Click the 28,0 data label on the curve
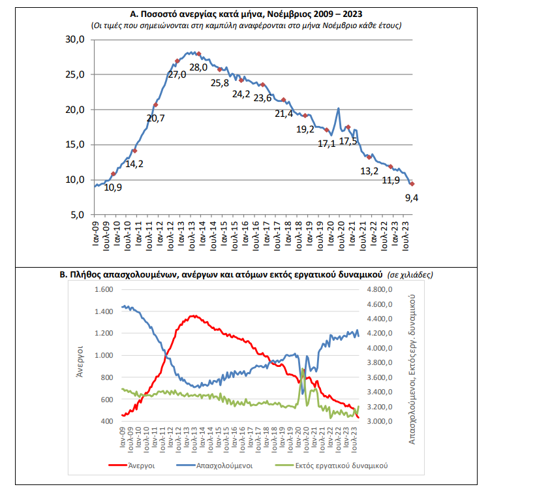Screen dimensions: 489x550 point(198,67)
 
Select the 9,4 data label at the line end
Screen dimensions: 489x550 point(411,197)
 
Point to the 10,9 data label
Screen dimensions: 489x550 point(114,187)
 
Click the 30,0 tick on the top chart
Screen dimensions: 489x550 point(76,40)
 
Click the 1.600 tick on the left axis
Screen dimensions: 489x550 point(104,289)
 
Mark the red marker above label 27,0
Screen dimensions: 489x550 point(178,61)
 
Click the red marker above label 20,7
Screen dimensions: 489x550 point(155,104)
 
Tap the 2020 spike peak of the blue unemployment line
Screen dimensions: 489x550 point(339,108)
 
